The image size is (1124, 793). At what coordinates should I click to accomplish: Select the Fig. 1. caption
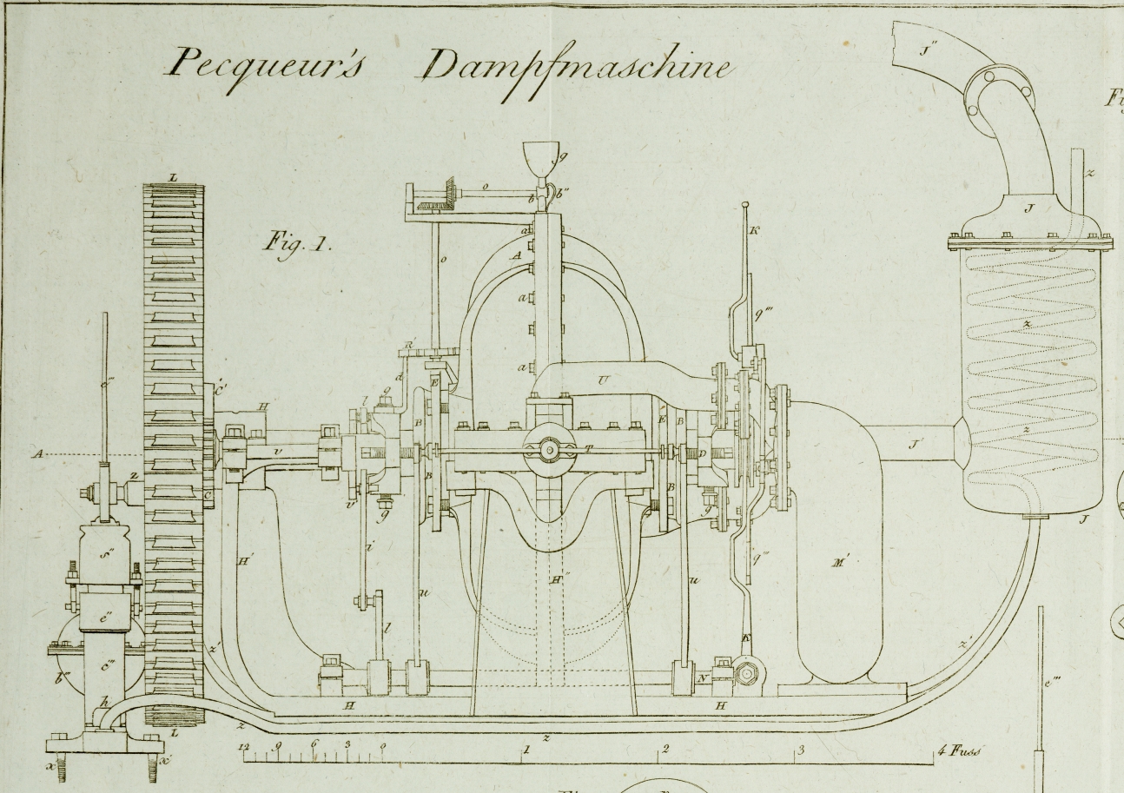(x=298, y=243)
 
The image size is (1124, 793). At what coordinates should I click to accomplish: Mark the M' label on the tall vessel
(x=840, y=562)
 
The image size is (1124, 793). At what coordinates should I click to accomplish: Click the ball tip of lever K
(x=745, y=206)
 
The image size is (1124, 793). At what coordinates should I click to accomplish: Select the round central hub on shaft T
(x=549, y=450)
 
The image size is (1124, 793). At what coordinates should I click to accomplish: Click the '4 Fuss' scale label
(x=961, y=750)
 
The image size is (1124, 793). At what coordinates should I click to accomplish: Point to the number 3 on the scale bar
(x=800, y=750)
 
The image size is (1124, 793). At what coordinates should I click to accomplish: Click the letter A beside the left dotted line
(x=38, y=453)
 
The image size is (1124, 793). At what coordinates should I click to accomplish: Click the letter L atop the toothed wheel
(x=173, y=178)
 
